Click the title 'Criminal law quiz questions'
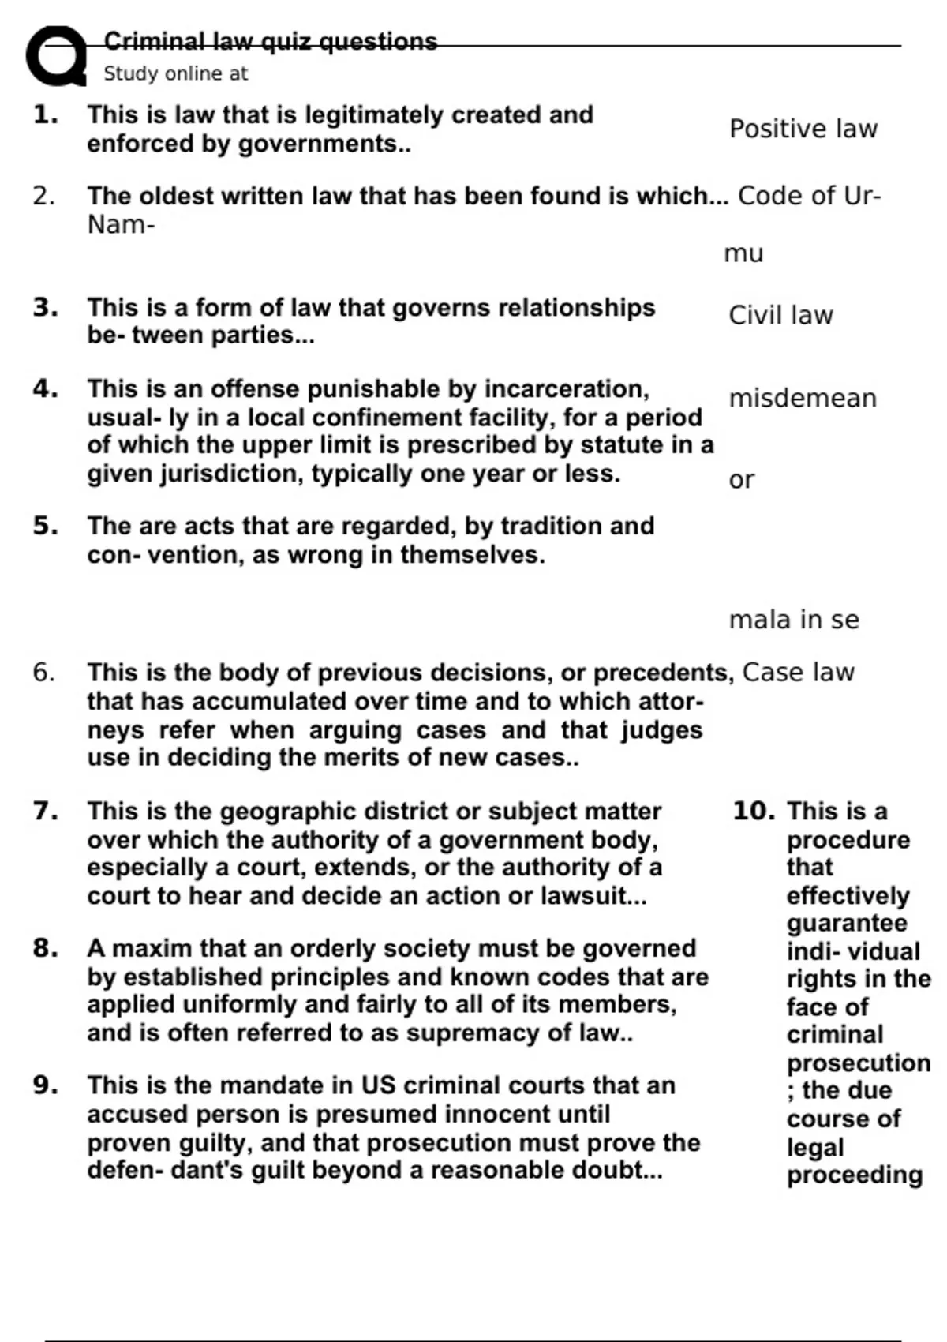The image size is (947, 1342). click(x=270, y=41)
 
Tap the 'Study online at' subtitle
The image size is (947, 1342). click(x=175, y=73)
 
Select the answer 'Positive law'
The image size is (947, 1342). click(x=803, y=129)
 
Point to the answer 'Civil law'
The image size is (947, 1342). click(x=780, y=315)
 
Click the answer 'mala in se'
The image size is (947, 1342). click(x=793, y=620)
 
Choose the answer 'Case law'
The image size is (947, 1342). click(x=798, y=672)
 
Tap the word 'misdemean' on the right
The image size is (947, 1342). click(x=802, y=398)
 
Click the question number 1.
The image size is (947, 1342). click(x=46, y=115)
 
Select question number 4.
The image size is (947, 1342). click(x=46, y=388)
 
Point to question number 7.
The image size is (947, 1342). click(x=46, y=811)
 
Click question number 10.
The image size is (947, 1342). click(x=754, y=811)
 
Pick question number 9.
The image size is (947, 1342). click(x=46, y=1085)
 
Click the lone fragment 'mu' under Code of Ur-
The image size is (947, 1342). click(x=743, y=253)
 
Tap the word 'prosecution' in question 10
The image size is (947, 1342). click(x=858, y=1063)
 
